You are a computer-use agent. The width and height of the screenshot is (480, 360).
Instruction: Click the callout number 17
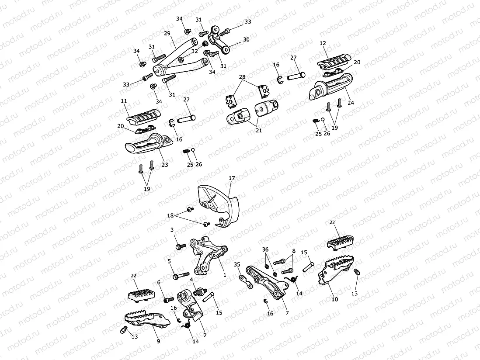click(x=232, y=178)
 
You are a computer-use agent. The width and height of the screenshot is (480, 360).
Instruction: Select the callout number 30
click(x=246, y=39)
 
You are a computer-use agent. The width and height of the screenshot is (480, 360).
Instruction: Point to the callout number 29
click(x=167, y=33)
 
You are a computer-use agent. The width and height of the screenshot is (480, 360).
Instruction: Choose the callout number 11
click(x=124, y=101)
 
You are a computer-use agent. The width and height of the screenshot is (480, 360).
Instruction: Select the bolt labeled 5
click(x=179, y=276)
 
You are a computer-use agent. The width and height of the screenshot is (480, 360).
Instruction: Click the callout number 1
click(x=225, y=276)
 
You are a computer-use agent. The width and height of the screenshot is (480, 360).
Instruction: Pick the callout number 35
click(x=237, y=264)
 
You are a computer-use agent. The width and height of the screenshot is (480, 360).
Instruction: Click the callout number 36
click(x=265, y=249)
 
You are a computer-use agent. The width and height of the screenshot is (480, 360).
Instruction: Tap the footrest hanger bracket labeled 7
click(x=268, y=284)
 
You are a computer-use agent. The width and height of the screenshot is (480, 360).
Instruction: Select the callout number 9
click(x=158, y=341)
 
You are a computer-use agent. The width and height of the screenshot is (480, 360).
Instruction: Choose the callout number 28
click(x=242, y=77)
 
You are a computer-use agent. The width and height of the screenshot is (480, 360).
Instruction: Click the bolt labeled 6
click(x=169, y=300)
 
